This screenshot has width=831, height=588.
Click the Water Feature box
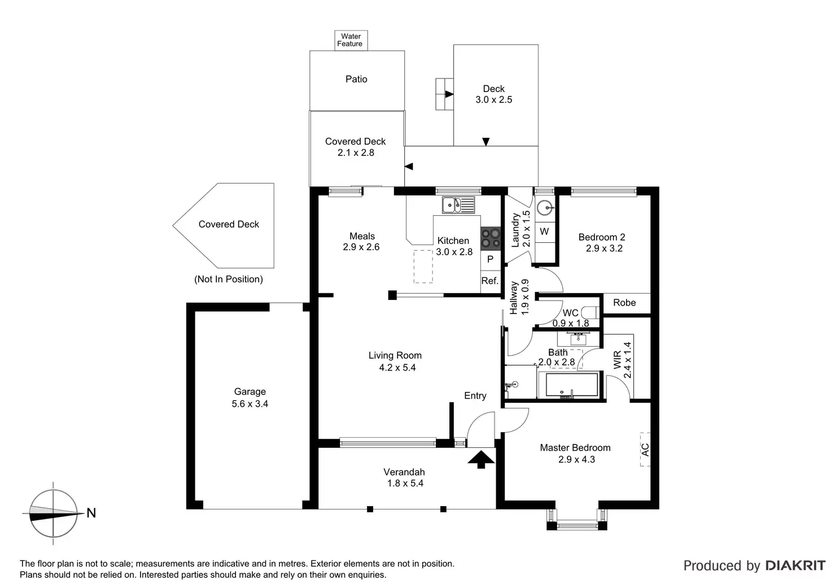[x=351, y=40]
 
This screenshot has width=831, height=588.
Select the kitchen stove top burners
[x=491, y=238]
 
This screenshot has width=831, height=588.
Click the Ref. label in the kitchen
[x=489, y=281]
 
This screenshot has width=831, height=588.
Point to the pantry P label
[x=490, y=260]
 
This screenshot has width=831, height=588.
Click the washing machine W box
[x=544, y=232]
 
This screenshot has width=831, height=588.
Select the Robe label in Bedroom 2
[x=624, y=303]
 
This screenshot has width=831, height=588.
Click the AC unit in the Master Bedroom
[x=645, y=450]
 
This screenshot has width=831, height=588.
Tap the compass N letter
[x=91, y=513]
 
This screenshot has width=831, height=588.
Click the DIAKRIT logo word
[x=795, y=565]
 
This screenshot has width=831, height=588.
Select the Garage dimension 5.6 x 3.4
[x=250, y=404]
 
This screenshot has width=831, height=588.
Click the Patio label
[x=356, y=79]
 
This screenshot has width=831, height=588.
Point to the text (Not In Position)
[x=229, y=279]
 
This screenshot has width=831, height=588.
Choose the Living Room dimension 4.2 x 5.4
[x=397, y=368]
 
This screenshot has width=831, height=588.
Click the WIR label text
[x=617, y=360]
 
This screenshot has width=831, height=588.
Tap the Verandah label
[x=404, y=472]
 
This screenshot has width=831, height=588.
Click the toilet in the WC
[x=590, y=312]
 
